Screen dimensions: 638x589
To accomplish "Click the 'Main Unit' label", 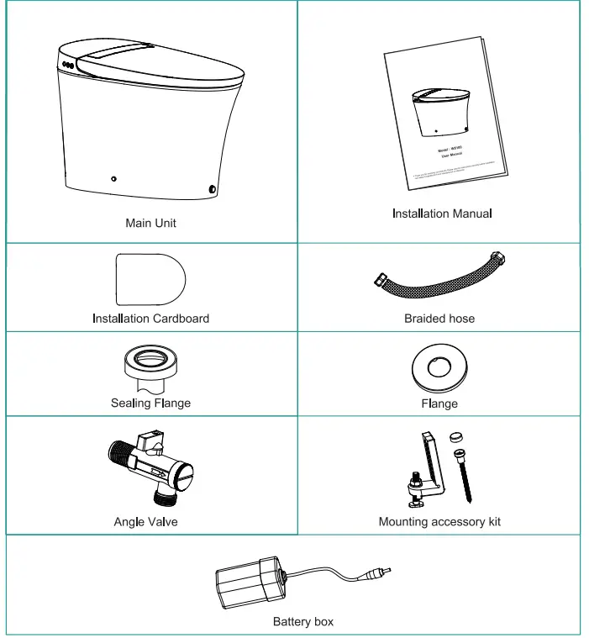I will tap(150, 223).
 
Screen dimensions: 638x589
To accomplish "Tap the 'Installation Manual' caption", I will tap(442, 214).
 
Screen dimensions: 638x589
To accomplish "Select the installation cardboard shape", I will tap(150, 278).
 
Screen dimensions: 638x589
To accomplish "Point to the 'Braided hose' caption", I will tap(439, 319).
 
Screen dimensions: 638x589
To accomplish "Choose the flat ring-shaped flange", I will tap(439, 367).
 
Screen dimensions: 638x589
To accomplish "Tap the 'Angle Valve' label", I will tap(145, 522).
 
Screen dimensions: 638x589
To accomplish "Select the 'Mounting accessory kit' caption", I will tap(439, 522).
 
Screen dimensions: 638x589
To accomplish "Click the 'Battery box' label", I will tap(302, 622).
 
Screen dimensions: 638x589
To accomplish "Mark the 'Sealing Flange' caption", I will tap(150, 403).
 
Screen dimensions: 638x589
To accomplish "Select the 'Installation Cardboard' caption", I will tap(150, 319).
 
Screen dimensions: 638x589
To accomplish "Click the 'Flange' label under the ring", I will tap(439, 403).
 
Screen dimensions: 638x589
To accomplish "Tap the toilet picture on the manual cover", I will tap(441, 109).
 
